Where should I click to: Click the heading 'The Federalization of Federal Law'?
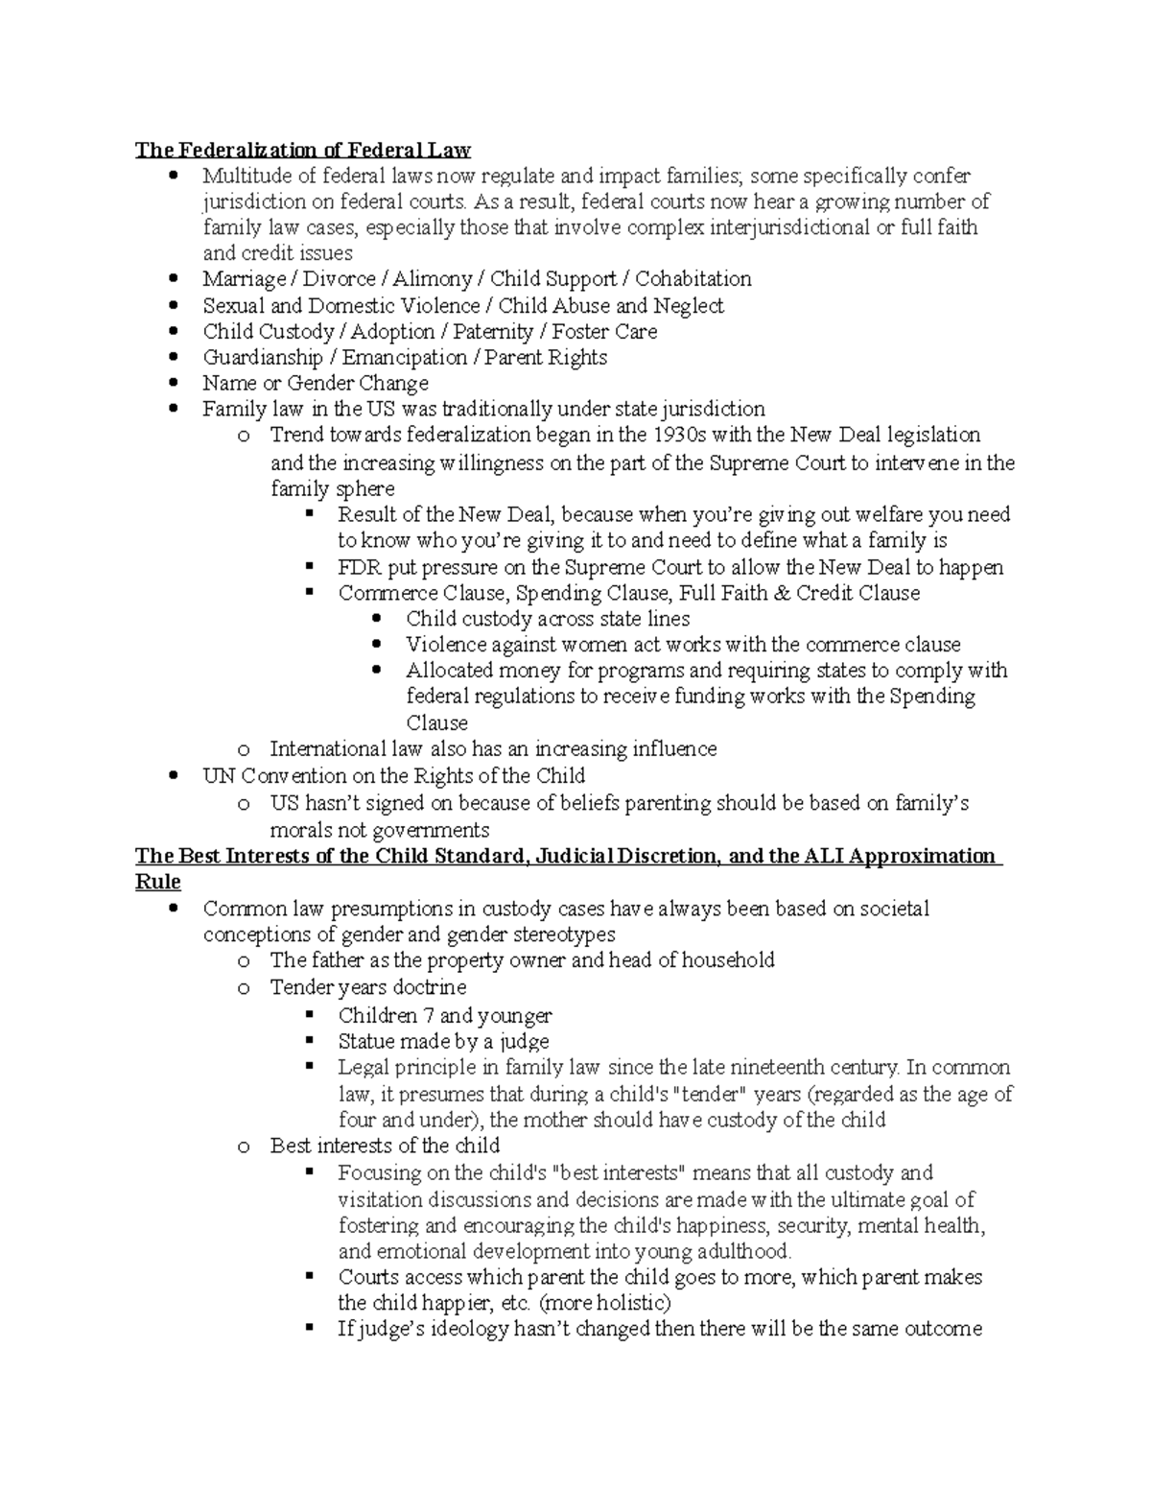point(303,150)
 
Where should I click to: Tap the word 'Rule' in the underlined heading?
point(158,882)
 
